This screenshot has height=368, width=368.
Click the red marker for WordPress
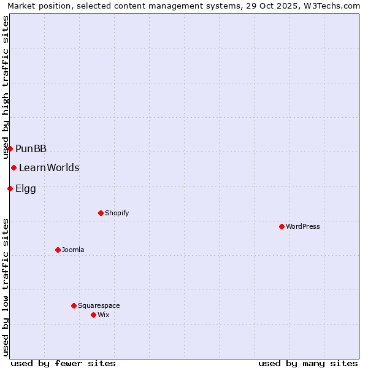pos(282,226)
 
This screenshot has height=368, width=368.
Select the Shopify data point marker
pos(101,213)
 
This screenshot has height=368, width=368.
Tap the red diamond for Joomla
pos(58,250)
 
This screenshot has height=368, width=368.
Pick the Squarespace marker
pos(74,305)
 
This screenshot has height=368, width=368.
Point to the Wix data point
pos(93,315)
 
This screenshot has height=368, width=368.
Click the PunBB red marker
pos(10,148)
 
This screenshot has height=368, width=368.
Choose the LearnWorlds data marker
pos(13,167)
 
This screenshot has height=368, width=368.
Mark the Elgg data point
pos(10,188)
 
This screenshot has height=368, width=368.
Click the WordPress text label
pos(302,226)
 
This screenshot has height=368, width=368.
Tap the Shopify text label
pos(117,213)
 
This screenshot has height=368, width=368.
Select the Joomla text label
pos(73,250)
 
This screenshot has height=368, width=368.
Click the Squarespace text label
pos(99,305)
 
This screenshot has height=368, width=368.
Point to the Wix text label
pos(103,315)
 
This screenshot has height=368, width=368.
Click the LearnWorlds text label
pos(49,167)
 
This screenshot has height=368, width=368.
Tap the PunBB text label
pos(31,148)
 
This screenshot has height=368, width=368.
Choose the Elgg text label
pos(26,188)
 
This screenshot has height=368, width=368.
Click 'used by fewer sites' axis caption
pos(63,363)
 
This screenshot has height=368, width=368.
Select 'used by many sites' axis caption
pos(308,363)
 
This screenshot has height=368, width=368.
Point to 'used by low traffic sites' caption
pos(6,287)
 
